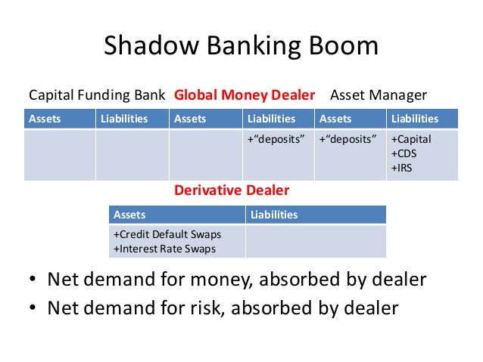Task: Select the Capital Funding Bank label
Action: tap(98, 95)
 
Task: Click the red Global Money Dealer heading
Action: tap(245, 95)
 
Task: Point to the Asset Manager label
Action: tap(378, 95)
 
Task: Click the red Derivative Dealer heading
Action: tap(232, 190)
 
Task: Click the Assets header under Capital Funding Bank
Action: tap(45, 119)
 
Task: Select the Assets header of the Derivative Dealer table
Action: tap(129, 215)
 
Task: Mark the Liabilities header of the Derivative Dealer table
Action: tap(275, 215)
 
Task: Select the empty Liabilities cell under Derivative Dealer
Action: tap(316, 242)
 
